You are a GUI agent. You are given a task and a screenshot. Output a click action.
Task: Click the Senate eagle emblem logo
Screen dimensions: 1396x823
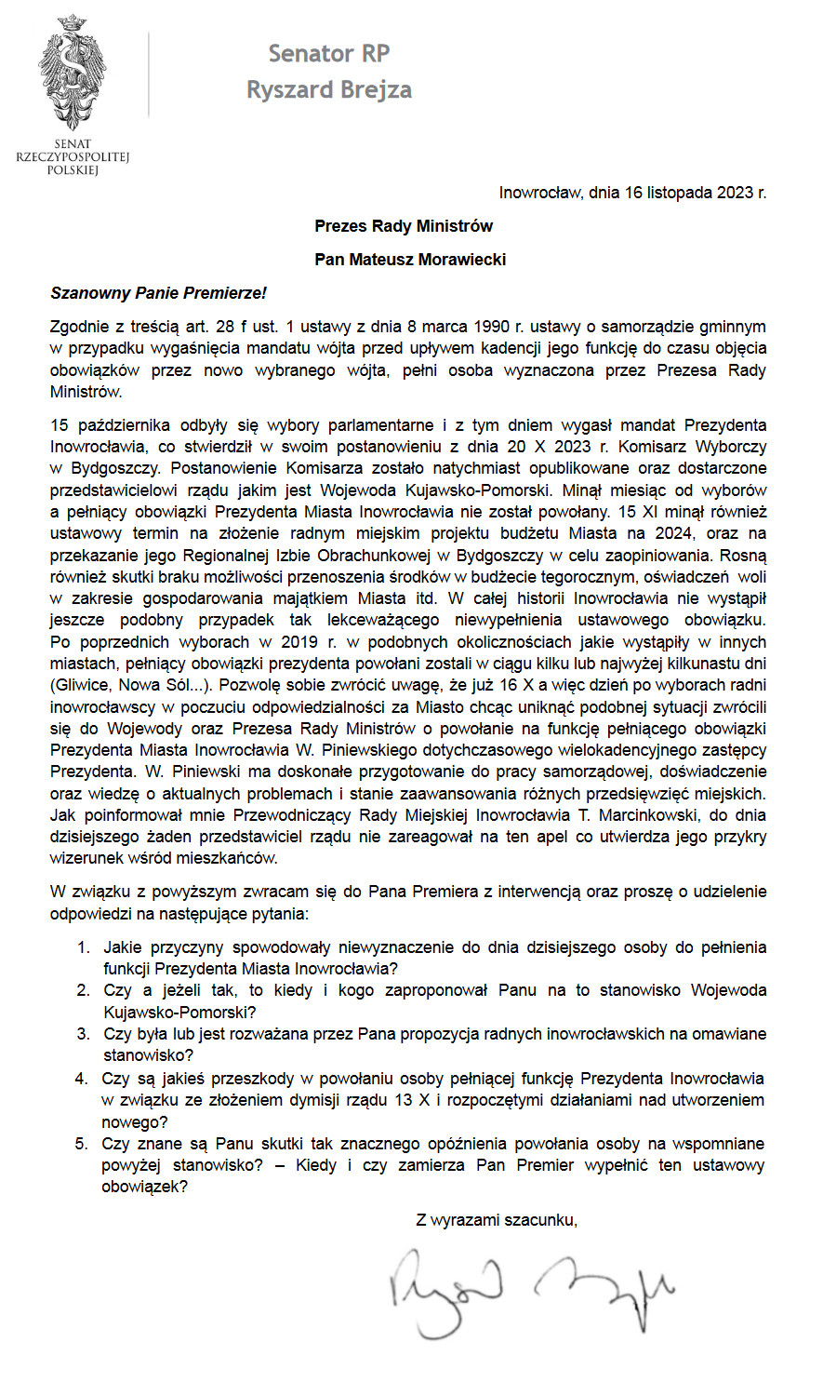pyautogui.click(x=73, y=73)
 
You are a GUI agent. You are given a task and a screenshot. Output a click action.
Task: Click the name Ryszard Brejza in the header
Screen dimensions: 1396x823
pyautogui.click(x=328, y=89)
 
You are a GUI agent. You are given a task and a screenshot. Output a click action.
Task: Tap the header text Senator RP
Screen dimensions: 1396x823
pyautogui.click(x=328, y=54)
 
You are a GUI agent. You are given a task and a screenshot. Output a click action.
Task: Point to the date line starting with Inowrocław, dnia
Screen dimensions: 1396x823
pyautogui.click(x=632, y=194)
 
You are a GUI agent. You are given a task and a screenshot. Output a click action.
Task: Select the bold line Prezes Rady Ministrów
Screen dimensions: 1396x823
pyautogui.click(x=404, y=226)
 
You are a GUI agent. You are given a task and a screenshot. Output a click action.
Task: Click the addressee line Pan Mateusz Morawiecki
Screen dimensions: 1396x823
pyautogui.click(x=410, y=260)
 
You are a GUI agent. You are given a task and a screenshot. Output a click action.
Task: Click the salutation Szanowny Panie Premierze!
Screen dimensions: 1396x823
pyautogui.click(x=158, y=293)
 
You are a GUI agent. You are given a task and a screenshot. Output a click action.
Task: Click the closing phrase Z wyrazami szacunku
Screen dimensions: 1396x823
pyautogui.click(x=497, y=1220)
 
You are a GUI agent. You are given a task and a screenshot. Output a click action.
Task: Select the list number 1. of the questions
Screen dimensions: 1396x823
pyautogui.click(x=83, y=947)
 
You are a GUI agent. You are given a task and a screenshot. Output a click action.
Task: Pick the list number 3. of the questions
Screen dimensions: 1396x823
pyautogui.click(x=83, y=1034)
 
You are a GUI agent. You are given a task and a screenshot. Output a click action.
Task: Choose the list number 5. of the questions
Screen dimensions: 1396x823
pyautogui.click(x=83, y=1144)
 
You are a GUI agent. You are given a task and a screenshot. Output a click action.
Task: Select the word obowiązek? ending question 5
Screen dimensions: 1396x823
pyautogui.click(x=144, y=1187)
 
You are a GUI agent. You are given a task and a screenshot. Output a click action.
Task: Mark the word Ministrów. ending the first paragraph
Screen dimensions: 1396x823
pyautogui.click(x=86, y=392)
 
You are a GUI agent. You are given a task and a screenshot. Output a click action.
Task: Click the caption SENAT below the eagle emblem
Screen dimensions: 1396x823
pyautogui.click(x=73, y=144)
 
